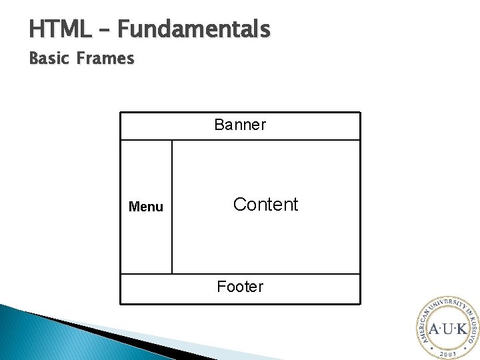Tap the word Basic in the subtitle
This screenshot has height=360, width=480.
pyautogui.click(x=50, y=59)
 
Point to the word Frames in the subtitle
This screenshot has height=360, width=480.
pyautogui.click(x=105, y=59)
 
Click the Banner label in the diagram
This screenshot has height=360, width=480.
pyautogui.click(x=240, y=125)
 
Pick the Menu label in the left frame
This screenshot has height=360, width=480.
pyautogui.click(x=145, y=207)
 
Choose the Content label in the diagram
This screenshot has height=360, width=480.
pyautogui.click(x=265, y=205)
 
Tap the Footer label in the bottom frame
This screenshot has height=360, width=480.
pyautogui.click(x=240, y=287)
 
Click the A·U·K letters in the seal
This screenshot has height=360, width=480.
pyautogui.click(x=447, y=329)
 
